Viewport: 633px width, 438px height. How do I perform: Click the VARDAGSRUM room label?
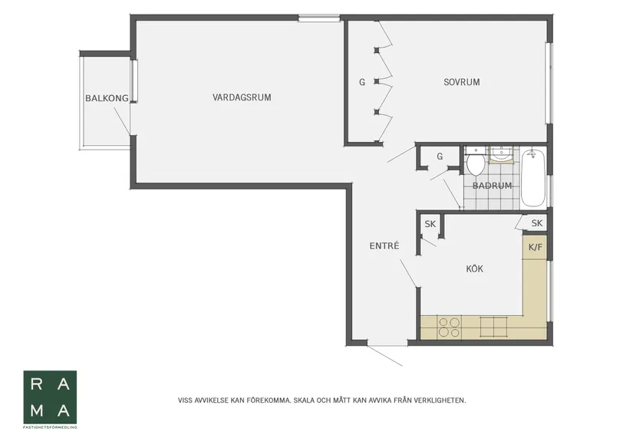tap(242, 97)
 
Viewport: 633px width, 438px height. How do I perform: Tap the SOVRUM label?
tap(462, 82)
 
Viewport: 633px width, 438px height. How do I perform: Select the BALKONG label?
tap(107, 98)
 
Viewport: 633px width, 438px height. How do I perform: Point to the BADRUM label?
tap(492, 186)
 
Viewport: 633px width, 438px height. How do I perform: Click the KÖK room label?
tap(474, 268)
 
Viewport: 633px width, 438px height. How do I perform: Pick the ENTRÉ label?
tap(384, 245)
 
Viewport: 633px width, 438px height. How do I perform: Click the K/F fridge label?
tap(536, 247)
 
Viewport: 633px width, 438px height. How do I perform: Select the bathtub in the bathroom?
tap(533, 178)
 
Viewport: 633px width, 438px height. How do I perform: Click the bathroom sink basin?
tap(501, 154)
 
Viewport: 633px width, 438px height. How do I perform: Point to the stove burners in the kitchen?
tap(450, 327)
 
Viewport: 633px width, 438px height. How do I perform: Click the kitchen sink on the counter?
tap(493, 327)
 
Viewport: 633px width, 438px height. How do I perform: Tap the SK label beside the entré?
tap(430, 224)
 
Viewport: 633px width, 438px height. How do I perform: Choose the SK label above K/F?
tap(537, 223)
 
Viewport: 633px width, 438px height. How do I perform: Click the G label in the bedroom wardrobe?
tap(362, 82)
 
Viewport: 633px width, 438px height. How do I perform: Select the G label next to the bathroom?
tap(440, 156)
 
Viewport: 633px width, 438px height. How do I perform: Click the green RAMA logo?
tap(50, 397)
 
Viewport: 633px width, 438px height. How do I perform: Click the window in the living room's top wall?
tap(319, 18)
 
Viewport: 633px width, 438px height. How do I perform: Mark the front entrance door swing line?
tap(384, 356)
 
